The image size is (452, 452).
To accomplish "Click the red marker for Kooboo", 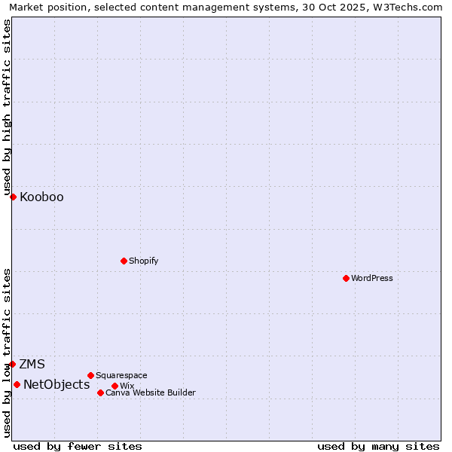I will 13,197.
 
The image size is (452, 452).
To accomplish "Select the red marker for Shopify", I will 124,261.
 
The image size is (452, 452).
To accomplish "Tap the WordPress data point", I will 346,278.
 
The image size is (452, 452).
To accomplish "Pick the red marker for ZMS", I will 12,364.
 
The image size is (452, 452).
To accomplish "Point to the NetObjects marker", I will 17,384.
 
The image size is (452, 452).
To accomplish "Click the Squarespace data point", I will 90,375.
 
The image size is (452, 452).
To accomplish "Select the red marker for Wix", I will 115,386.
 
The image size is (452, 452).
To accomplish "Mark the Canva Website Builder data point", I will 100,392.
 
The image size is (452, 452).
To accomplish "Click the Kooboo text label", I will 41,197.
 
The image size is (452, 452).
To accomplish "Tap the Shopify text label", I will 143,261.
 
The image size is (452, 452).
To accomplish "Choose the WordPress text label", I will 372,278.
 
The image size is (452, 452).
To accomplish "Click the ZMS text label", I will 32,365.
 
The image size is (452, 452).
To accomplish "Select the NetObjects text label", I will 56,385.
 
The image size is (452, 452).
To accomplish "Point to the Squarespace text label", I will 121,375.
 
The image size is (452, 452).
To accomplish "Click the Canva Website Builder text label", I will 151,392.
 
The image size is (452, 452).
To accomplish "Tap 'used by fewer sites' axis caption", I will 78,446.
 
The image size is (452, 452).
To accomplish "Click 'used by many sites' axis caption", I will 378,446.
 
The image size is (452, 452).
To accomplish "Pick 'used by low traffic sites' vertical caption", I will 7,352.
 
